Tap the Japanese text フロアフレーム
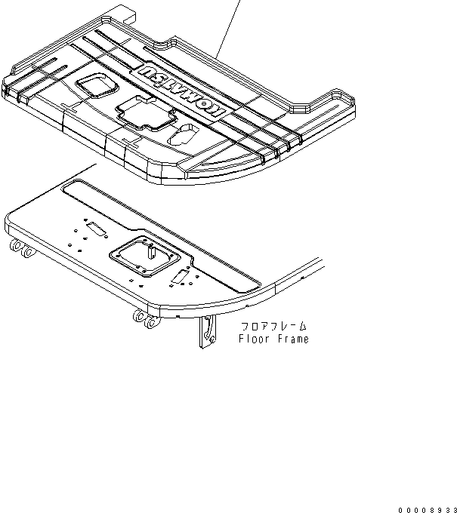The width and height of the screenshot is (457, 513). pyautogui.click(x=274, y=327)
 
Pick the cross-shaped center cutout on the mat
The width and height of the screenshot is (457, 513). pyautogui.click(x=146, y=114)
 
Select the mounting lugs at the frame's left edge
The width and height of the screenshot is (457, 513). pyautogui.click(x=22, y=250)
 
